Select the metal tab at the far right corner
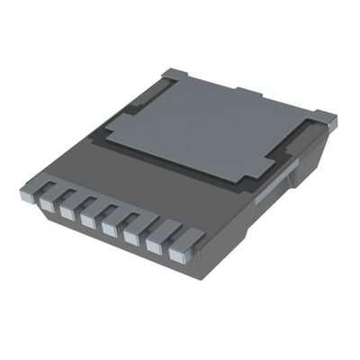(x=325, y=118)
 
